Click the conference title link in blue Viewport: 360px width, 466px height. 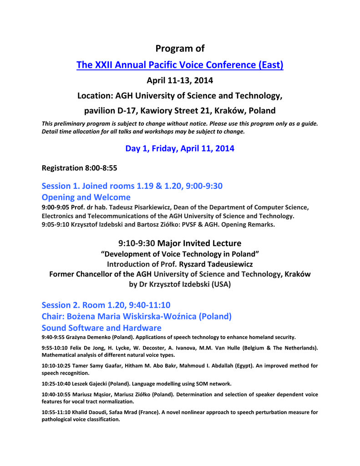click(180, 65)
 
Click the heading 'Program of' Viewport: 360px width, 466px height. click(180, 48)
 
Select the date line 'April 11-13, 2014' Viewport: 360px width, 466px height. click(180, 81)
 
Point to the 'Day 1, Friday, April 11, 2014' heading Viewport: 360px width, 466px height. click(180, 148)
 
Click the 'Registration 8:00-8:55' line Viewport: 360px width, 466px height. click(79, 168)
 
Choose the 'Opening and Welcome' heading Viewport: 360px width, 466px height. click(86, 197)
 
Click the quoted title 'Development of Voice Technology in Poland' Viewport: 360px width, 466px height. click(180, 253)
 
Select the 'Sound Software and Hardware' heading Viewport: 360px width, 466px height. click(101, 328)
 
